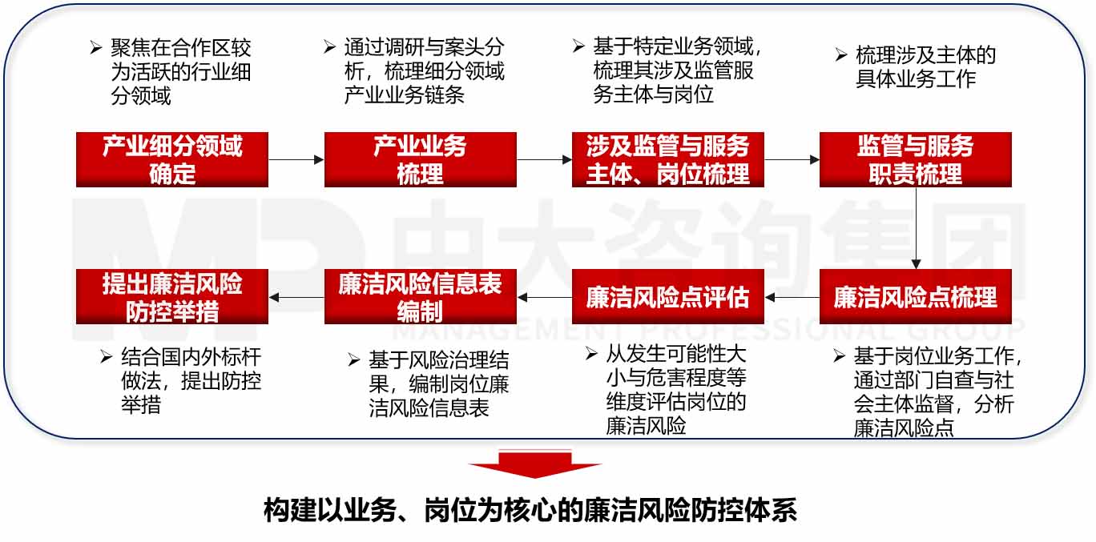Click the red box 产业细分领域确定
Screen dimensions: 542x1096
coord(172,159)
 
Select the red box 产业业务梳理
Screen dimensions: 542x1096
coord(420,159)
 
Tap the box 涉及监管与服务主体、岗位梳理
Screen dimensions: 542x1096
coord(667,159)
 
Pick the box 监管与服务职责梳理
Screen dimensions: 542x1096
coord(915,159)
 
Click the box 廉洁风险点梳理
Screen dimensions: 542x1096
coord(915,297)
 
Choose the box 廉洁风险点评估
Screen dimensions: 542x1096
coord(667,297)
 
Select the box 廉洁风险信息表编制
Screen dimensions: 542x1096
coord(420,297)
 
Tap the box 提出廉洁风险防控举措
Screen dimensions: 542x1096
coord(172,297)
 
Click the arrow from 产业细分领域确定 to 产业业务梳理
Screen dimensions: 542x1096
coord(296,160)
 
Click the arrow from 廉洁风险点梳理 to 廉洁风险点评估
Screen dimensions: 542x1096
coord(792,298)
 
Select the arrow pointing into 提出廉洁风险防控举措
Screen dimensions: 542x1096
coord(296,298)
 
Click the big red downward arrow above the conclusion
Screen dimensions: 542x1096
coord(535,465)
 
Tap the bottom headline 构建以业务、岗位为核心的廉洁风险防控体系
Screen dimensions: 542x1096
coord(530,510)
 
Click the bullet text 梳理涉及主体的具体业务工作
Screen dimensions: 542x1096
coord(925,67)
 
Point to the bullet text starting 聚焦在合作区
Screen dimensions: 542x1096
coord(181,73)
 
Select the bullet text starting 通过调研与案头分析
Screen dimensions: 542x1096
coord(425,71)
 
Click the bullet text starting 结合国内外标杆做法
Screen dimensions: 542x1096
coord(191,380)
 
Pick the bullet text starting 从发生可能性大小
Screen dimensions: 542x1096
coord(676,390)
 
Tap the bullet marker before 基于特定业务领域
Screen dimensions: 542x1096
coord(578,46)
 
